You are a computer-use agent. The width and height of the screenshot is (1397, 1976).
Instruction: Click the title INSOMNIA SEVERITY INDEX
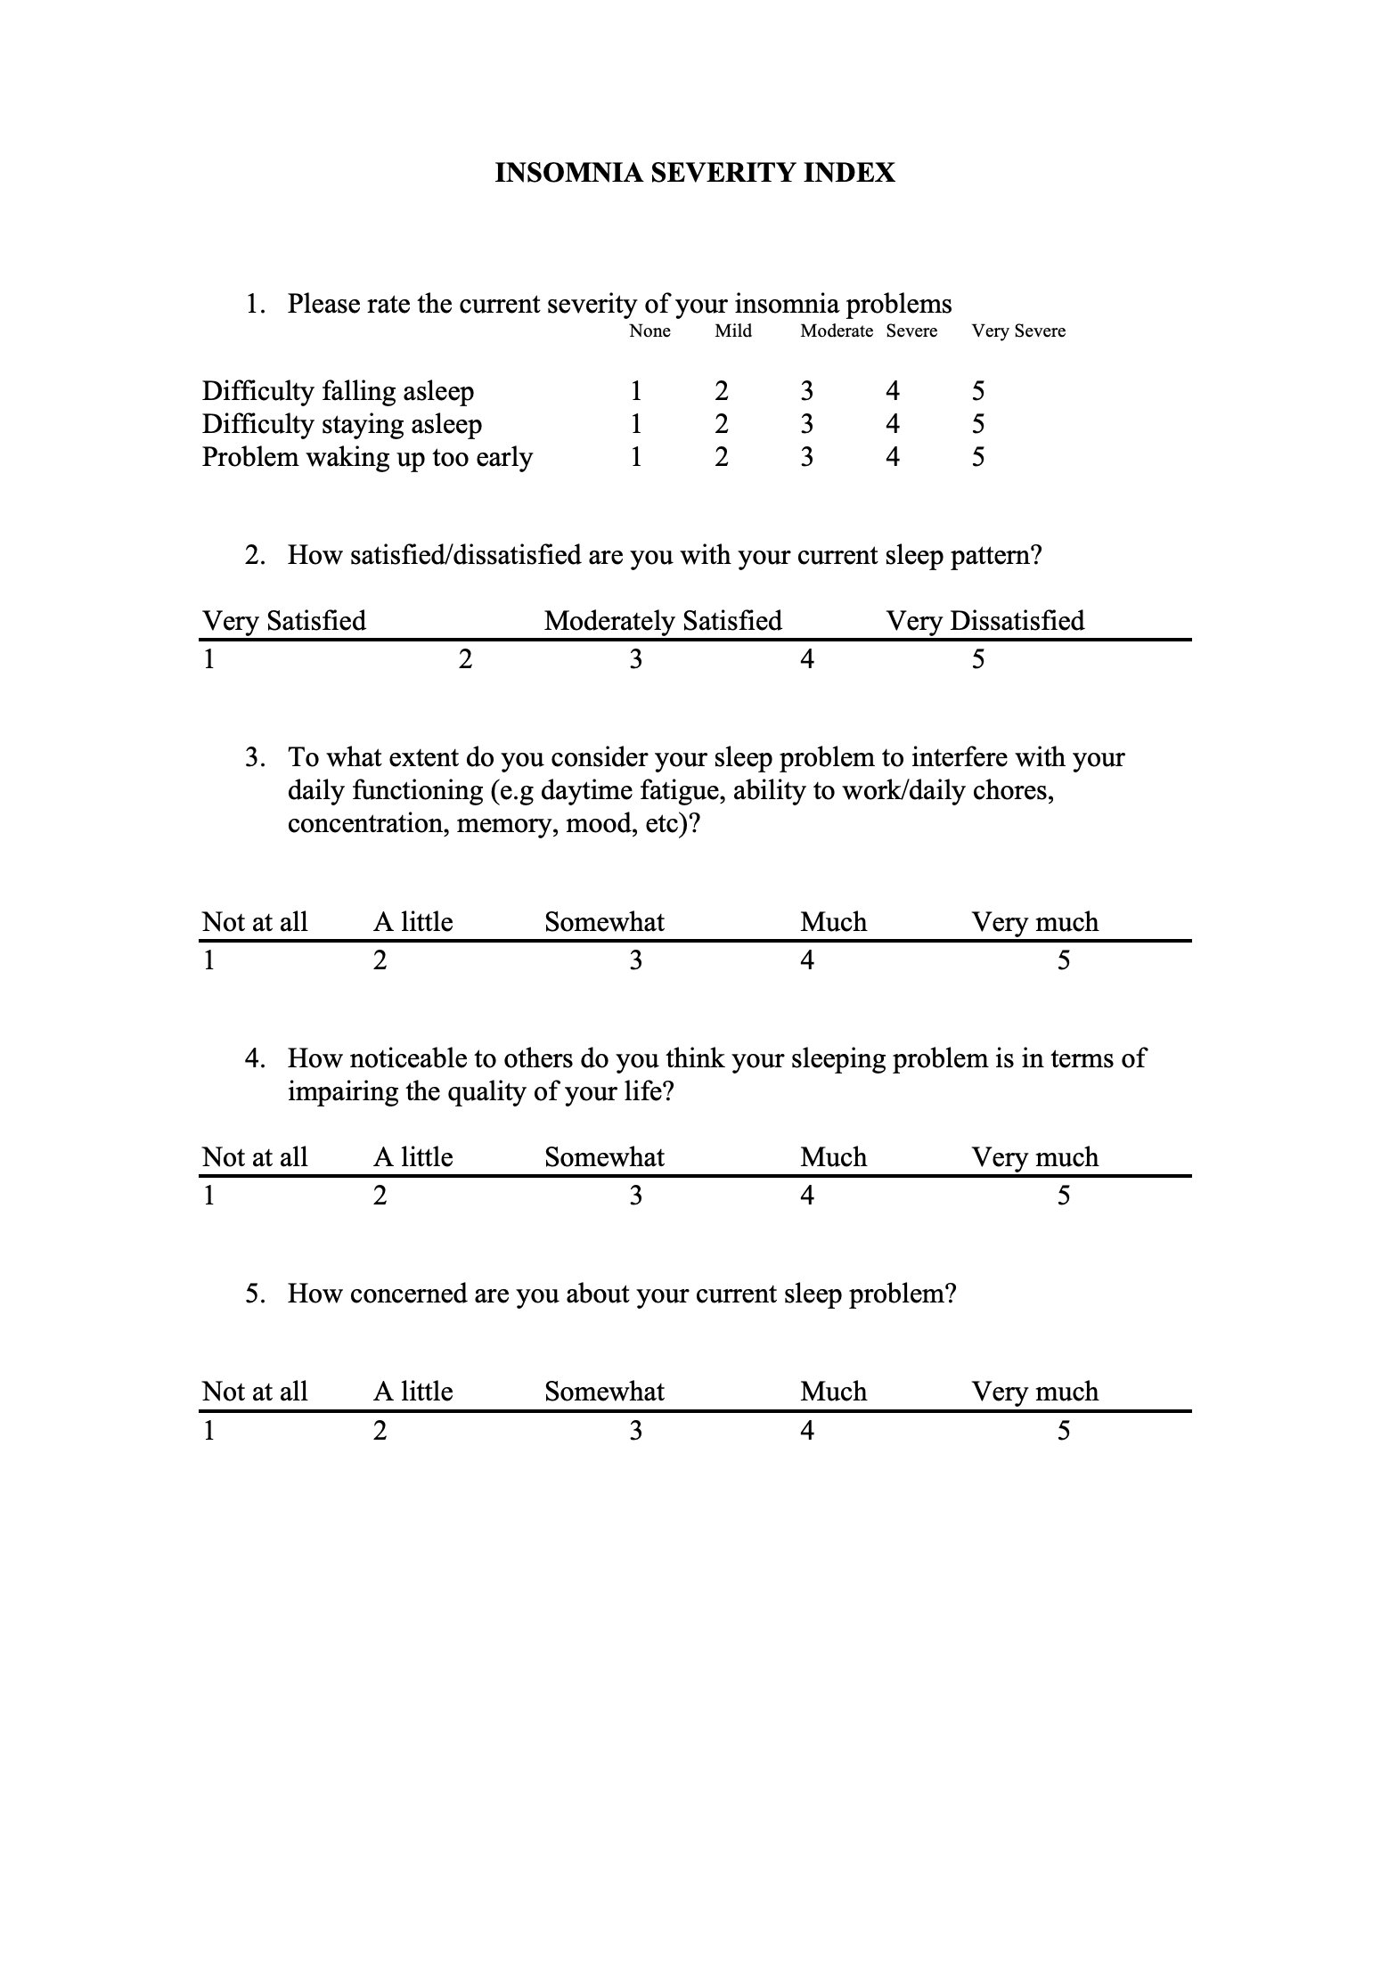(x=694, y=172)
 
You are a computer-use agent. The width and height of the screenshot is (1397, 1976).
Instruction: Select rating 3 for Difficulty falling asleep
(x=806, y=391)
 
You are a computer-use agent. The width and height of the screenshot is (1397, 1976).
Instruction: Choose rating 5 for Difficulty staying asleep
(x=977, y=424)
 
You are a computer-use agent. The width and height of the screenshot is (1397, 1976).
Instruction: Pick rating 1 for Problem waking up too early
(x=635, y=457)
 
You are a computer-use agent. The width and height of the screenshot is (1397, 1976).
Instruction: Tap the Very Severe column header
(x=1017, y=331)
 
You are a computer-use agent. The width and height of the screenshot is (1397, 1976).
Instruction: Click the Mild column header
(x=732, y=331)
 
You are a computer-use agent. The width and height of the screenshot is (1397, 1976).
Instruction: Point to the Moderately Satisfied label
(x=663, y=621)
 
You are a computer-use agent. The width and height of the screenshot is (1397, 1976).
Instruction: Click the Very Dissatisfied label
(x=984, y=621)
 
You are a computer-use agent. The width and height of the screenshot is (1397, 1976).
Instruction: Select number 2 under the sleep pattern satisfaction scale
(x=464, y=659)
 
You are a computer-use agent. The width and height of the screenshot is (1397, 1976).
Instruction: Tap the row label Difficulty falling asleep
(x=338, y=391)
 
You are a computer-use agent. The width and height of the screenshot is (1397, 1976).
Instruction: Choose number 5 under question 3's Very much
(x=1063, y=960)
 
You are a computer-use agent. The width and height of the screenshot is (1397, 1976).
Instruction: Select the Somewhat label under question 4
(x=604, y=1157)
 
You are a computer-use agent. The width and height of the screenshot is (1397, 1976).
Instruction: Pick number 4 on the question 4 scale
(x=806, y=1196)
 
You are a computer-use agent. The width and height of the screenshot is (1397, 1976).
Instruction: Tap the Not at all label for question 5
(x=255, y=1392)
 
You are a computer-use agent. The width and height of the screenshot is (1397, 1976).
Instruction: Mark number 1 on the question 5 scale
(x=208, y=1431)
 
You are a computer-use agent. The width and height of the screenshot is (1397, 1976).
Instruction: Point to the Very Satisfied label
(x=283, y=621)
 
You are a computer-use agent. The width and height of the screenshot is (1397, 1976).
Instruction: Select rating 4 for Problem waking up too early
(x=892, y=457)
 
